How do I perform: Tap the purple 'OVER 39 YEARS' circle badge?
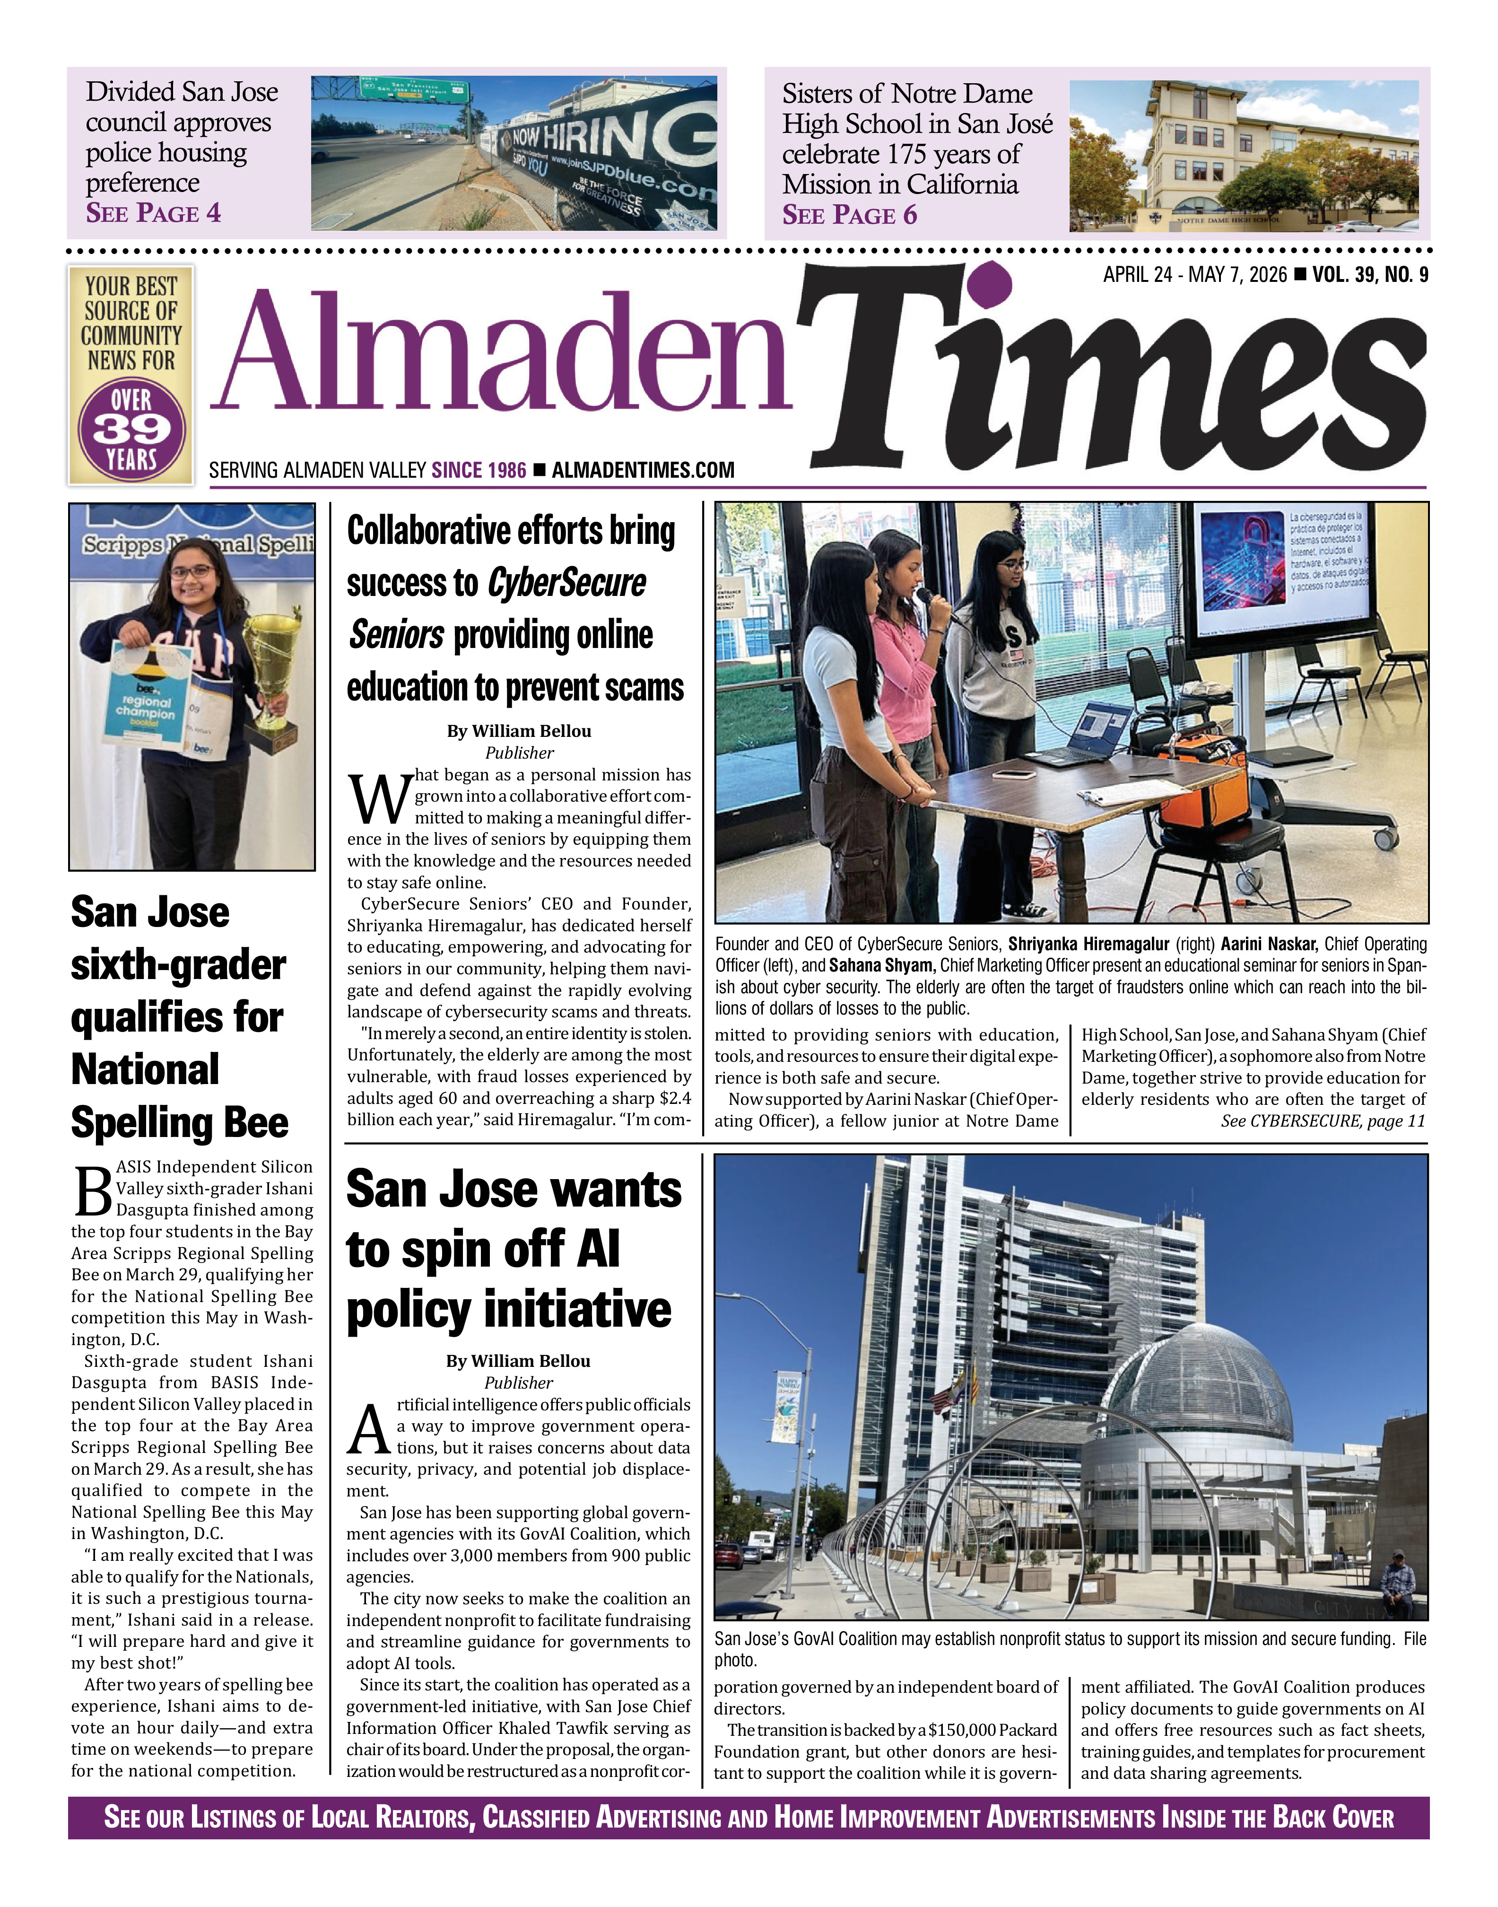(131, 430)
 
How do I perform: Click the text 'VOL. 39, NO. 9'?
(1370, 275)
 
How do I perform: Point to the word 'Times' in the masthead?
(1114, 377)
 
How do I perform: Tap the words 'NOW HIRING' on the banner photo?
(605, 131)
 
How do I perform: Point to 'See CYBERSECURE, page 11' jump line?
(1323, 1121)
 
